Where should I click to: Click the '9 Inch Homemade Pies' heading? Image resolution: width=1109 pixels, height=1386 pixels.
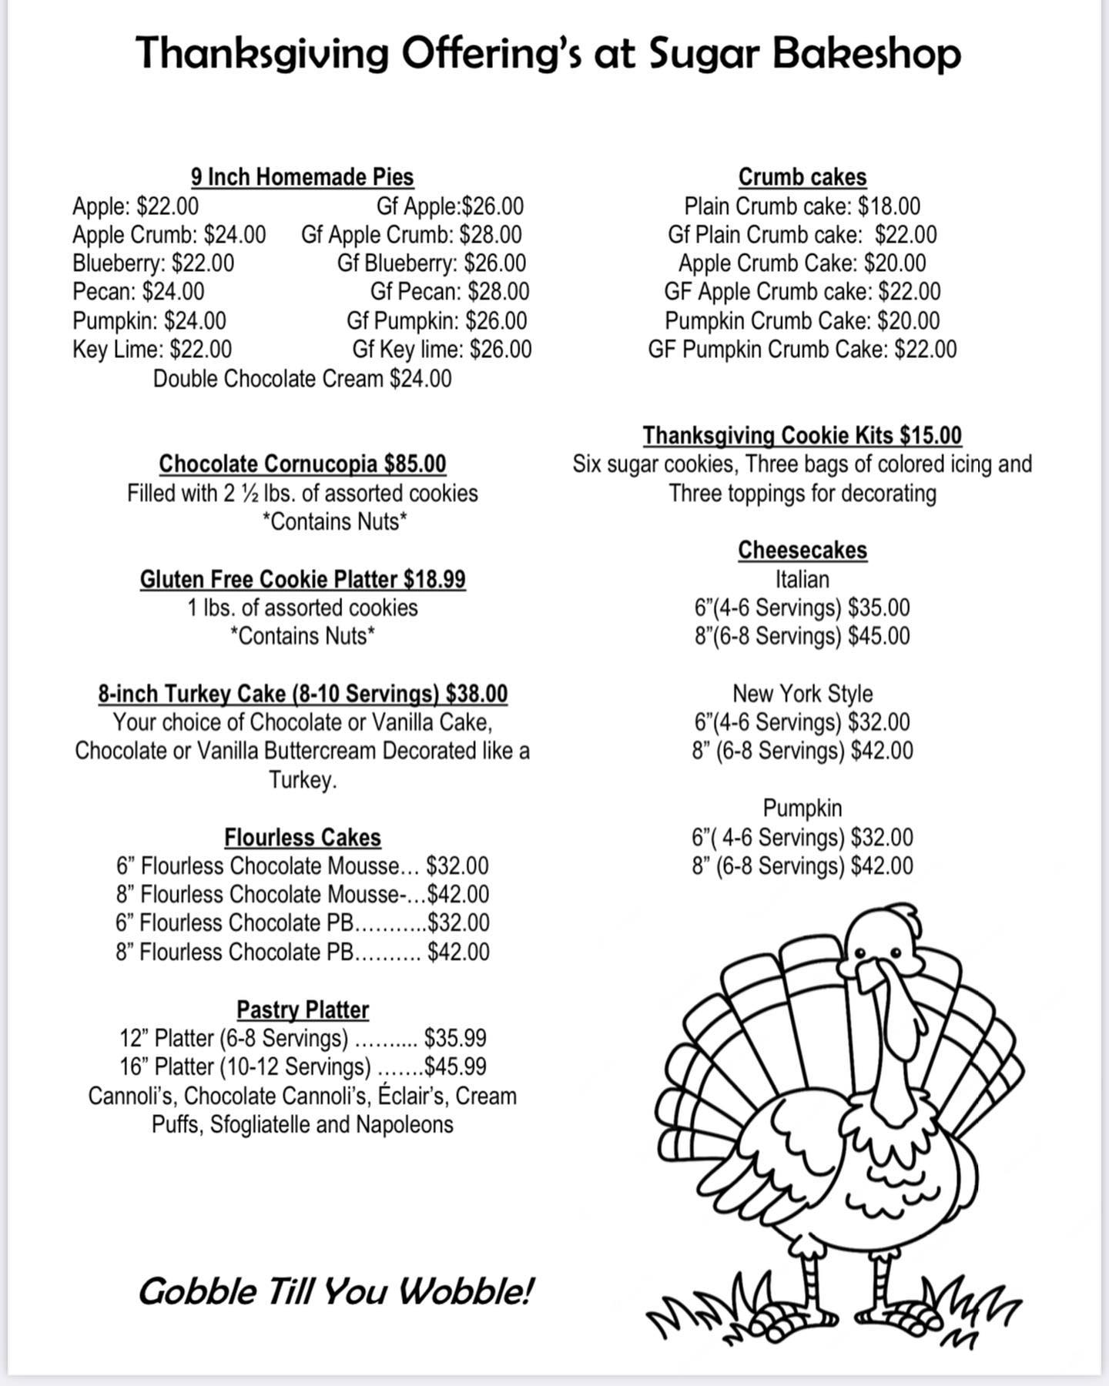(x=302, y=177)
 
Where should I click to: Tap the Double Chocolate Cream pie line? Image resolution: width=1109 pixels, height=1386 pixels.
(x=302, y=379)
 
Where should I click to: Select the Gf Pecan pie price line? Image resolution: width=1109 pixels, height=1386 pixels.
(x=450, y=292)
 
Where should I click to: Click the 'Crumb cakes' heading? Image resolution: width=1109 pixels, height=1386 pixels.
(x=802, y=177)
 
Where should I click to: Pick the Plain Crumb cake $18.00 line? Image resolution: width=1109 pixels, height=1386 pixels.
(x=802, y=206)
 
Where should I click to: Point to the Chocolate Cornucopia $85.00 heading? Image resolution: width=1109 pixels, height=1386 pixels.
(x=302, y=464)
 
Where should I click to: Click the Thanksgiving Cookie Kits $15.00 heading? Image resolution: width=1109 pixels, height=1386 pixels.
(x=802, y=436)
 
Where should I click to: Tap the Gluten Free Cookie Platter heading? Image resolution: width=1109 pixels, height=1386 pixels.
(x=302, y=579)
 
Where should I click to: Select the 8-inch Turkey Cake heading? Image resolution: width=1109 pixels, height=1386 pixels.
(x=302, y=694)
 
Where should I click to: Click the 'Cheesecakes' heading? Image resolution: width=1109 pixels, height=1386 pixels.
(x=802, y=551)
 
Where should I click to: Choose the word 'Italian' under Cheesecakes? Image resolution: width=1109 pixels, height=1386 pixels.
(x=802, y=579)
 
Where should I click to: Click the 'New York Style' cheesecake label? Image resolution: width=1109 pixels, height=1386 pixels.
(x=802, y=694)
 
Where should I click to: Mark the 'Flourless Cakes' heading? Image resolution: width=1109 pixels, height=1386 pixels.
(x=302, y=838)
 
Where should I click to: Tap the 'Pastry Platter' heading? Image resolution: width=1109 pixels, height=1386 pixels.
(x=302, y=1009)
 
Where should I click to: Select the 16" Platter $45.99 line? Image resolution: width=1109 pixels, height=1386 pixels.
(x=302, y=1067)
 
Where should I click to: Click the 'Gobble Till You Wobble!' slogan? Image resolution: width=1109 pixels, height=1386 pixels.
(x=335, y=1292)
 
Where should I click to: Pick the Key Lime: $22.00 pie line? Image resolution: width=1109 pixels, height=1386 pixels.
(x=152, y=350)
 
